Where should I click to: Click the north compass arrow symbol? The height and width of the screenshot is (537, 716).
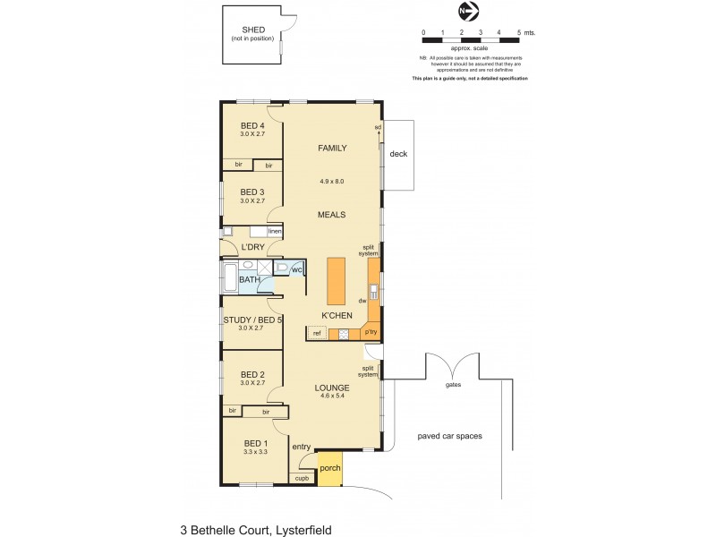tap(468, 12)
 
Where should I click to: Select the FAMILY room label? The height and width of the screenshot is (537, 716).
tap(332, 149)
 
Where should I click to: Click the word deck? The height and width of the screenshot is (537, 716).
tap(398, 154)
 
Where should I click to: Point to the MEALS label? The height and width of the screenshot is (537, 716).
tap(331, 215)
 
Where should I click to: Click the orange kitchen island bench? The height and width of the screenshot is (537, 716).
tap(337, 281)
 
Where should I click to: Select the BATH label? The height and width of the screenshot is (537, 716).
tap(249, 280)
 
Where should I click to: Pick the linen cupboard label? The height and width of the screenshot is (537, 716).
tap(275, 232)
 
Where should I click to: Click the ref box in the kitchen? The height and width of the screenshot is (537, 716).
tap(317, 333)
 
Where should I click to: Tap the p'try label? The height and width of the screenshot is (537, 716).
tap(371, 332)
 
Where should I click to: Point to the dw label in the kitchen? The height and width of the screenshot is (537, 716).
tap(362, 301)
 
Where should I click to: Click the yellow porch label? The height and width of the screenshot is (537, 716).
tap(330, 468)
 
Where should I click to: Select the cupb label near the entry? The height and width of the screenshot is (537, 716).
tap(302, 478)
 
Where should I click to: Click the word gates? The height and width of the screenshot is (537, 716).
tap(453, 387)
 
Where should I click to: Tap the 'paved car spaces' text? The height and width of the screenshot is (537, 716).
tap(449, 437)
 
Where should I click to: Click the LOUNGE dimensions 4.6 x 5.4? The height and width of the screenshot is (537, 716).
tap(332, 396)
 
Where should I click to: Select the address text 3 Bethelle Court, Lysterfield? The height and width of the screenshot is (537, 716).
tap(256, 530)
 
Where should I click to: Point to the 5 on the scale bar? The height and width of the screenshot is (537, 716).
tap(519, 32)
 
